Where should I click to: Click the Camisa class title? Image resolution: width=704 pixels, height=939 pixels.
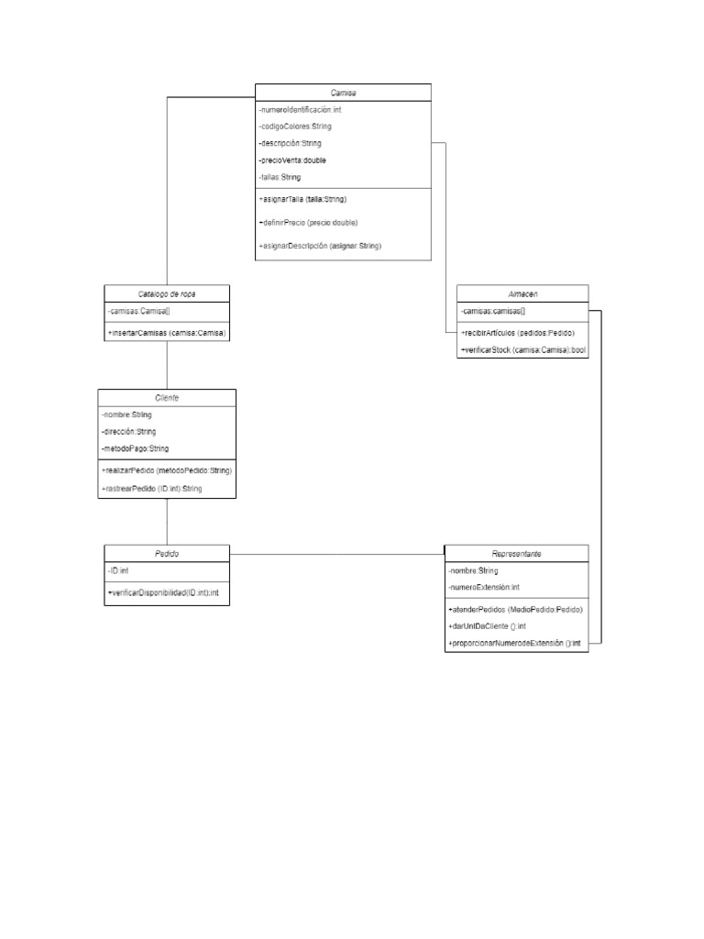[x=343, y=93]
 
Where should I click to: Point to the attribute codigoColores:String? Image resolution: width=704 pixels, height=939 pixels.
[x=295, y=126]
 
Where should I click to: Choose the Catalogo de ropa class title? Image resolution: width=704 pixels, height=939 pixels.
[x=167, y=293]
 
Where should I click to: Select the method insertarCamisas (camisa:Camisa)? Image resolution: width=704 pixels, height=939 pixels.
[x=167, y=333]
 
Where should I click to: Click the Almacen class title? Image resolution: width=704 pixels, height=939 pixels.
[x=522, y=294]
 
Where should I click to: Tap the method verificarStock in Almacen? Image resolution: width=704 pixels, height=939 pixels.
[x=523, y=349]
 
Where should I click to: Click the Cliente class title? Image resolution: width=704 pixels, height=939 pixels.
[x=167, y=398]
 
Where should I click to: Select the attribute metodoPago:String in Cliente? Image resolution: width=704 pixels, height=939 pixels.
[x=136, y=448]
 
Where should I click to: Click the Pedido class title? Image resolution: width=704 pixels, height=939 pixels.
[x=167, y=555]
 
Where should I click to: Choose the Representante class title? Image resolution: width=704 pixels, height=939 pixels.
[x=516, y=554]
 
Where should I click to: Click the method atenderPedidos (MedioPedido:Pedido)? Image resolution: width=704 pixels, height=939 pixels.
[x=516, y=610]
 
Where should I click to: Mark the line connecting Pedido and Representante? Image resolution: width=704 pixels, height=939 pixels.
[x=336, y=555]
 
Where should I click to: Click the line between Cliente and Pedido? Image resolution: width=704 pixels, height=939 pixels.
[x=167, y=522]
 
